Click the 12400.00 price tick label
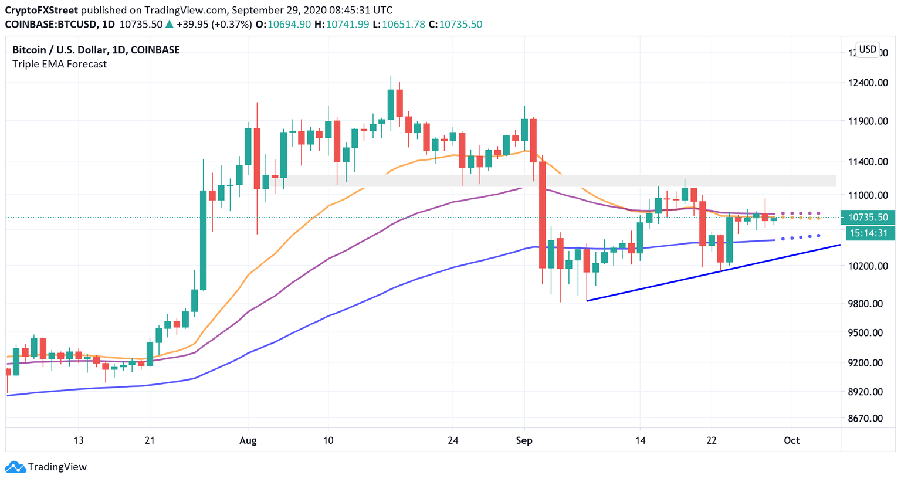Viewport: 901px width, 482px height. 868,83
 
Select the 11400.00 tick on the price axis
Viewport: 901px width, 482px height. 868,162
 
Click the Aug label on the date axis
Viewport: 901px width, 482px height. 248,440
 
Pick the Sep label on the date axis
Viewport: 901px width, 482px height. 524,440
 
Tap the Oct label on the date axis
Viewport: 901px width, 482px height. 791,440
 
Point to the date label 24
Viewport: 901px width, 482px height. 452,440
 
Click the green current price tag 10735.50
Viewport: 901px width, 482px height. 868,218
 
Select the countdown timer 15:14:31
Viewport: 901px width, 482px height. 868,233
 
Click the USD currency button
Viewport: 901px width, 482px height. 868,49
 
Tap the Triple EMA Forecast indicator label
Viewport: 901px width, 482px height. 59,64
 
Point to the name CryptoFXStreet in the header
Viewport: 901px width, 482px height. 41,11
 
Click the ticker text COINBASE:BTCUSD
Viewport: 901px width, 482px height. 52,25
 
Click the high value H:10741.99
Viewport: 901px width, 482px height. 341,25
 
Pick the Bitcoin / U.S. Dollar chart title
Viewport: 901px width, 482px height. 96,50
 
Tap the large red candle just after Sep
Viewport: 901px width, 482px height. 543,214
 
